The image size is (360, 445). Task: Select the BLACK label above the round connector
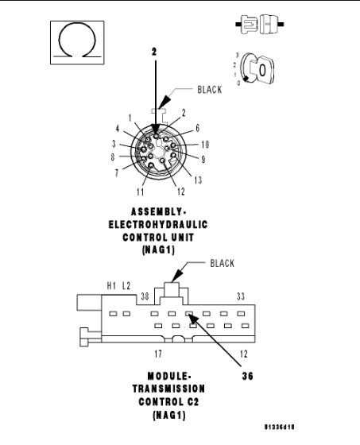(x=210, y=90)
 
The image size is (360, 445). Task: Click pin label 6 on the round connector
(x=196, y=128)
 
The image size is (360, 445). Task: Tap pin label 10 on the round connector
(x=204, y=144)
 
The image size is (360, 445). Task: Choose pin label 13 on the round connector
(x=197, y=180)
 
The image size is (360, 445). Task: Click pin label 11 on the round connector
(x=140, y=191)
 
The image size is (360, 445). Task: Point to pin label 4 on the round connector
(x=118, y=128)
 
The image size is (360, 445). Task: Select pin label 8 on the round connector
(x=114, y=157)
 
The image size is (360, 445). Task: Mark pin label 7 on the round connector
(x=117, y=172)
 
